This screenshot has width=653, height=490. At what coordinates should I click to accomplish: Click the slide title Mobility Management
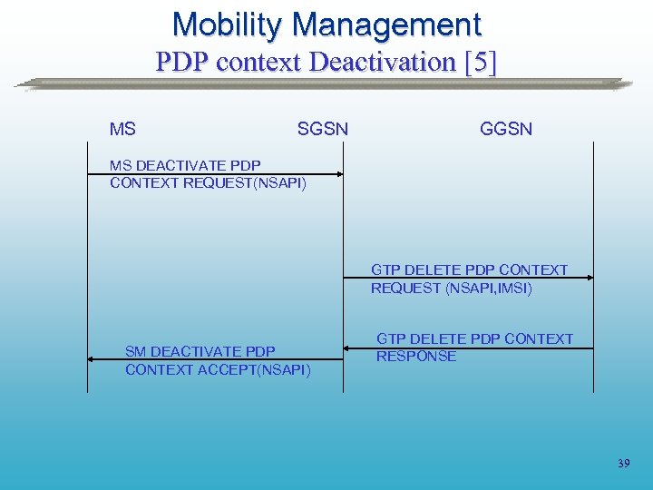326,24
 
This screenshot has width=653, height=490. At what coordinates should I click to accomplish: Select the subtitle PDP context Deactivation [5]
326,63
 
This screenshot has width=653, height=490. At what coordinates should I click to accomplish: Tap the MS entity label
122,130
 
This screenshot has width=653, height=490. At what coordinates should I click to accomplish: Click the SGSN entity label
322,130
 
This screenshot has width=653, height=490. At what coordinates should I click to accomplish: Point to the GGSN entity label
506,130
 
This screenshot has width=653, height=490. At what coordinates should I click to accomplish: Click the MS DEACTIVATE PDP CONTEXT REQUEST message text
208,174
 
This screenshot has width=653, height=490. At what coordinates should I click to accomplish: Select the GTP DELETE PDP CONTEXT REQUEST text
469,279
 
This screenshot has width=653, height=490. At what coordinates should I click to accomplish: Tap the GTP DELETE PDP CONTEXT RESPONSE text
474,348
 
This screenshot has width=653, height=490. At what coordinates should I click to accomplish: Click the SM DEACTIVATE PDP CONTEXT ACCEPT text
218,360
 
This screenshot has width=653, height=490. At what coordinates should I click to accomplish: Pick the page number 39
623,464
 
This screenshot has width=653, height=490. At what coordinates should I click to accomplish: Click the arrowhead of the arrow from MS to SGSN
339,173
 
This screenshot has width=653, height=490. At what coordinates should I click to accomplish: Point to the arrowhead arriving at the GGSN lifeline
589,279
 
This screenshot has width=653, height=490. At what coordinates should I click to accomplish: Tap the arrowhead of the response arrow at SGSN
348,347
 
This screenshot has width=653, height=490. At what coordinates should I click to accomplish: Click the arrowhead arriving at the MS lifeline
92,359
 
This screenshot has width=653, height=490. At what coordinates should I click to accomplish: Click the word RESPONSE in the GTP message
416,357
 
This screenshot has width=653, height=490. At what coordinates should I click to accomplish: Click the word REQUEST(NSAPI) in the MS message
245,183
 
